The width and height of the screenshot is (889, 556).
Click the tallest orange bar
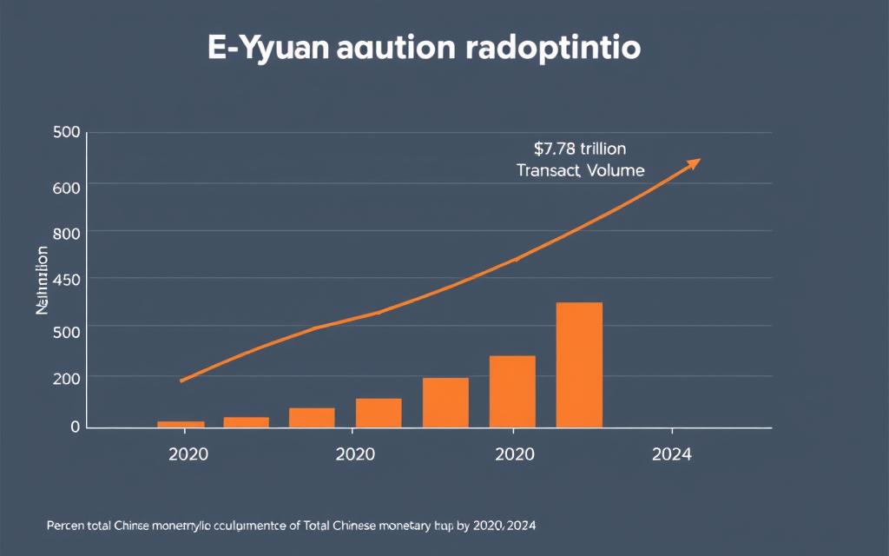[x=579, y=365]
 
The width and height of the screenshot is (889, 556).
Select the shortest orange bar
[x=181, y=424]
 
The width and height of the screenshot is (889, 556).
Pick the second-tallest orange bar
[x=512, y=391]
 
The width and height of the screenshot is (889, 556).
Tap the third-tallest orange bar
[x=445, y=402]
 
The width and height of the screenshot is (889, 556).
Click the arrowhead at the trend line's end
[x=694, y=162]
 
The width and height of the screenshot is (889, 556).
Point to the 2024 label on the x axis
[x=671, y=455]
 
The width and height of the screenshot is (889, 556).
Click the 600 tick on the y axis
[x=66, y=185]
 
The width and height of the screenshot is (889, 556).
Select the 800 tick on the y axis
[x=66, y=232]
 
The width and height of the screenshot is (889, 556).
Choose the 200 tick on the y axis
[x=66, y=378]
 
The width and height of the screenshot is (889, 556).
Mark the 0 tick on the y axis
[x=75, y=427]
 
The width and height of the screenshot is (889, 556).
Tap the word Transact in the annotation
[x=547, y=170]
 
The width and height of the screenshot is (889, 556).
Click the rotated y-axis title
[x=42, y=280]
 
